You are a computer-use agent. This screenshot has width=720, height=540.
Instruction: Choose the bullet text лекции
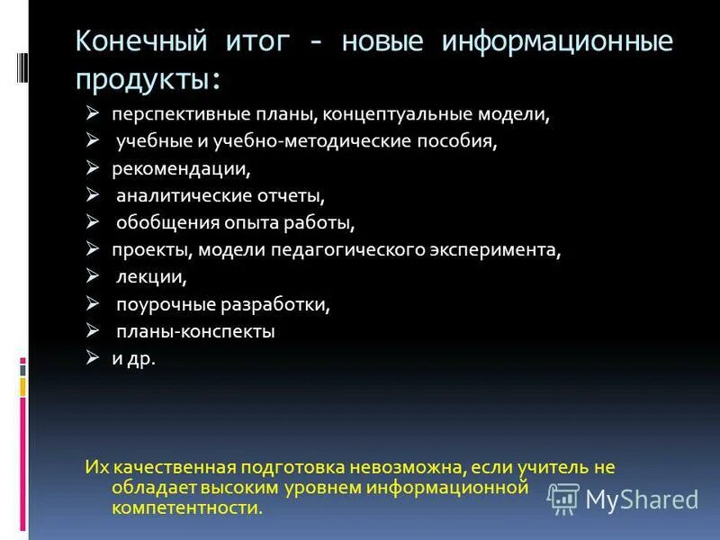coord(152,277)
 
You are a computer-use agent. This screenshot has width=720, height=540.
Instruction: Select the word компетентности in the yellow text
coord(188,508)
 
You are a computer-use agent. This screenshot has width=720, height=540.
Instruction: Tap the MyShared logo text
coord(643,499)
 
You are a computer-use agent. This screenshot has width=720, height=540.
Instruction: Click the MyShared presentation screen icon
coord(564,498)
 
